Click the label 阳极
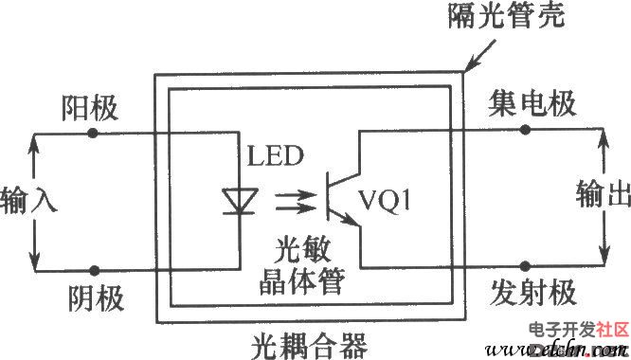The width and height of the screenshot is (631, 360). click(x=89, y=107)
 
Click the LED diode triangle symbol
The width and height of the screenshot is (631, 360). click(x=233, y=200)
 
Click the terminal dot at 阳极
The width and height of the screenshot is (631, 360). click(x=93, y=133)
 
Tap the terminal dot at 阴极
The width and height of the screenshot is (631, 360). click(x=93, y=270)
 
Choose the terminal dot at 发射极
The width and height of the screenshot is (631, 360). click(x=526, y=270)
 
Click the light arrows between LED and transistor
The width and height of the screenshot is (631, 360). click(x=289, y=200)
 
